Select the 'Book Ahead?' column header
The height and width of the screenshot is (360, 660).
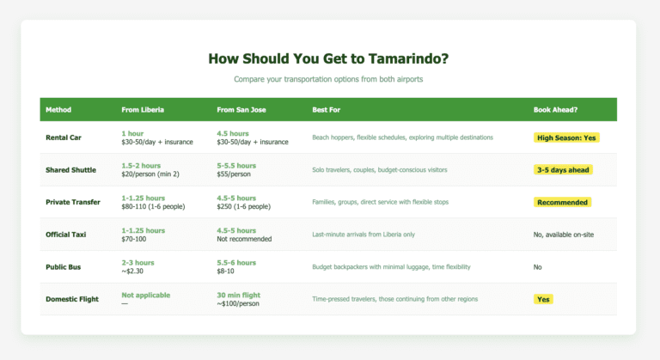pyautogui.click(x=556, y=110)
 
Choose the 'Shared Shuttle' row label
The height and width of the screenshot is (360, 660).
pyautogui.click(x=71, y=170)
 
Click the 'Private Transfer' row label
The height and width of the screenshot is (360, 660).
pyautogui.click(x=75, y=202)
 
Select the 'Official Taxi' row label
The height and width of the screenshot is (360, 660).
pyautogui.click(x=70, y=235)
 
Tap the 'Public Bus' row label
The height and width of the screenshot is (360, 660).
pyautogui.click(x=64, y=267)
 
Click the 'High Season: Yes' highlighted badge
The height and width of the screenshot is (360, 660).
pyautogui.click(x=565, y=137)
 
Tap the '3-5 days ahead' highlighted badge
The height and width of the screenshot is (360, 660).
pyautogui.click(x=563, y=170)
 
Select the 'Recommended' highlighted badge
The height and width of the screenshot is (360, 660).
pyautogui.click(x=562, y=203)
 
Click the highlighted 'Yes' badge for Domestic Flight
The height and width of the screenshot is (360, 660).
pyautogui.click(x=543, y=300)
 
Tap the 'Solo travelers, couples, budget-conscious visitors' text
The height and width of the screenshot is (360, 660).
pyautogui.click(x=380, y=170)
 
